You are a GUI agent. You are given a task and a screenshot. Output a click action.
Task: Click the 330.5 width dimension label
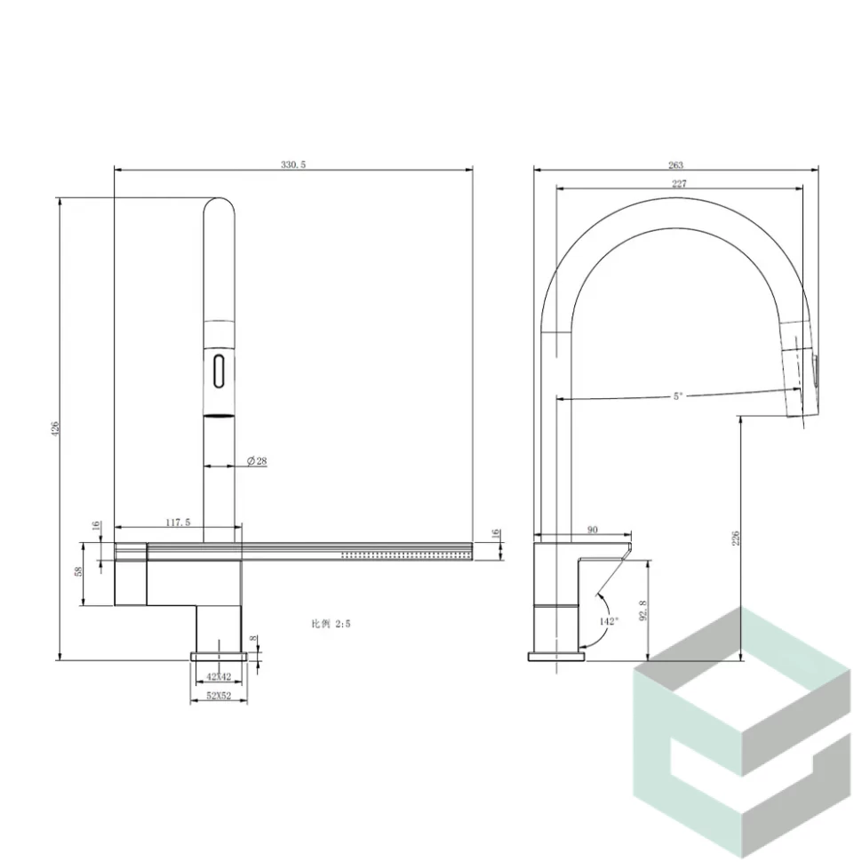[293, 164]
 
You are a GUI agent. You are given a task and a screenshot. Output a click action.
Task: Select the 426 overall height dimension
[54, 429]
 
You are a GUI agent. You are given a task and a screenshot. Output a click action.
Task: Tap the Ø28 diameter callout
[257, 460]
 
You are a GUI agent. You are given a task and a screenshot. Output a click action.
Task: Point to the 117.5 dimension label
[178, 523]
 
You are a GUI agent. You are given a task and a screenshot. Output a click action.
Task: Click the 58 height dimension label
[78, 571]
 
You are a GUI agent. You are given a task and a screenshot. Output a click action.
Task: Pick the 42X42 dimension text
[219, 677]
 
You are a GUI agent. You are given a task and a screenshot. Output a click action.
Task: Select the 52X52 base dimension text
[219, 696]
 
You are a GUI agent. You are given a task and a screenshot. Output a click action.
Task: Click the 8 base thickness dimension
[253, 638]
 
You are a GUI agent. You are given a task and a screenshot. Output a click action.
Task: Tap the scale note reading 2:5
[331, 624]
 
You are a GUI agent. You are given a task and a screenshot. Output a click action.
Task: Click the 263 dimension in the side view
[675, 165]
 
